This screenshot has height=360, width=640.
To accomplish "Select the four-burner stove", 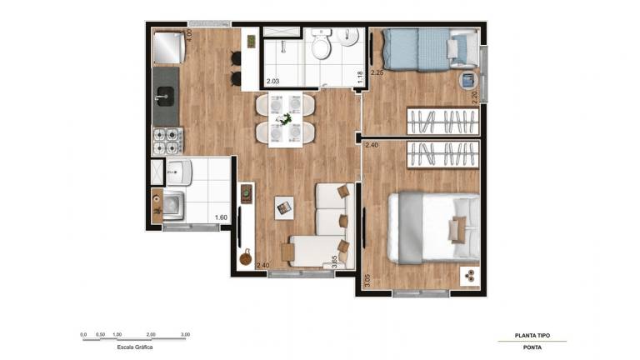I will pyautogui.click(x=167, y=140).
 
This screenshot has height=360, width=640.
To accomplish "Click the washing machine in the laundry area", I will pyautogui.click(x=173, y=203).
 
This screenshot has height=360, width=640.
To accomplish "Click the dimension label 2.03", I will pyautogui.click(x=272, y=81).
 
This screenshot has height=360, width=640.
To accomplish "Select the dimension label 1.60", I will pyautogui.click(x=221, y=218).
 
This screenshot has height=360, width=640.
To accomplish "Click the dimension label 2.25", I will pyautogui.click(x=377, y=72).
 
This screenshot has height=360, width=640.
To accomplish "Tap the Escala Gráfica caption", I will pyautogui.click(x=135, y=347).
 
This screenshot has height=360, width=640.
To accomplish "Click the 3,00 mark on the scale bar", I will pyautogui.click(x=185, y=334).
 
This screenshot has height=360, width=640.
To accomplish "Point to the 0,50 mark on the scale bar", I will pyautogui.click(x=100, y=334).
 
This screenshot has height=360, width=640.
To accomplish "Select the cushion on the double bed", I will pyautogui.click(x=457, y=227).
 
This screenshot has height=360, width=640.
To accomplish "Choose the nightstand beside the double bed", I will pyautogui.click(x=468, y=276).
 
